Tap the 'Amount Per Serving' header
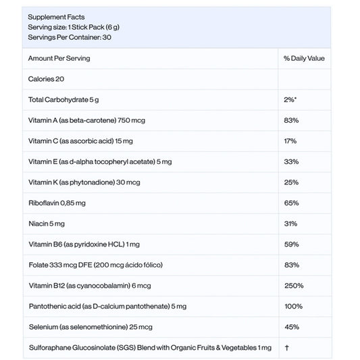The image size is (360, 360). (x=59, y=59)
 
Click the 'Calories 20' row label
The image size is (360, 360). (x=47, y=79)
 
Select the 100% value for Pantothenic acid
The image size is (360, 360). (x=293, y=306)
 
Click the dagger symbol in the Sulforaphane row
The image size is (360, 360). (x=287, y=347)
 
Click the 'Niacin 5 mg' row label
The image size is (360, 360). (x=49, y=224)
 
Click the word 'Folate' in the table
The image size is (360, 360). (x=38, y=265)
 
